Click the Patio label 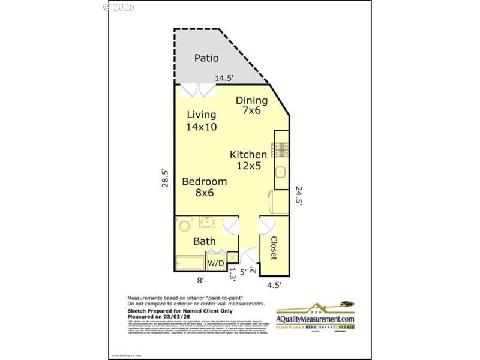pyautogui.click(x=206, y=58)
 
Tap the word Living pyautogui.click(x=201, y=115)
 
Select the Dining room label pyautogui.click(x=251, y=100)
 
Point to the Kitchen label pyautogui.click(x=248, y=155)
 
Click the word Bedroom pyautogui.click(x=205, y=181)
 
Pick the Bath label pyautogui.click(x=204, y=241)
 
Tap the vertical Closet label pyautogui.click(x=273, y=247)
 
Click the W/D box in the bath pyautogui.click(x=215, y=263)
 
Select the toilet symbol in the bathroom pyautogui.click(x=184, y=224)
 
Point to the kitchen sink pyautogui.click(x=281, y=174)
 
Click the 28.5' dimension pyautogui.click(x=164, y=178)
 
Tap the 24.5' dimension pyautogui.click(x=299, y=196)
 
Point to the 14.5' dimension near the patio pyautogui.click(x=224, y=78)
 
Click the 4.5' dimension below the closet pyautogui.click(x=274, y=285)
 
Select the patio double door pyautogui.click(x=198, y=91)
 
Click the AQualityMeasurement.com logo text pyautogui.click(x=315, y=319)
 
